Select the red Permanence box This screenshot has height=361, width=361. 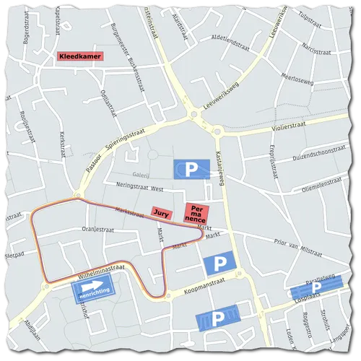coord(196,214)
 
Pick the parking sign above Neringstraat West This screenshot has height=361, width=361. coord(191,169)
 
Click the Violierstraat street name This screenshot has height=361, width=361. coord(279,126)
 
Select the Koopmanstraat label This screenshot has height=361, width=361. coord(193,286)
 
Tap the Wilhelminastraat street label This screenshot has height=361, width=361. coord(101,272)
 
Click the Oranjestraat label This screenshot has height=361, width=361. coord(99,230)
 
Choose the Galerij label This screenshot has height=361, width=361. coord(141,174)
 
